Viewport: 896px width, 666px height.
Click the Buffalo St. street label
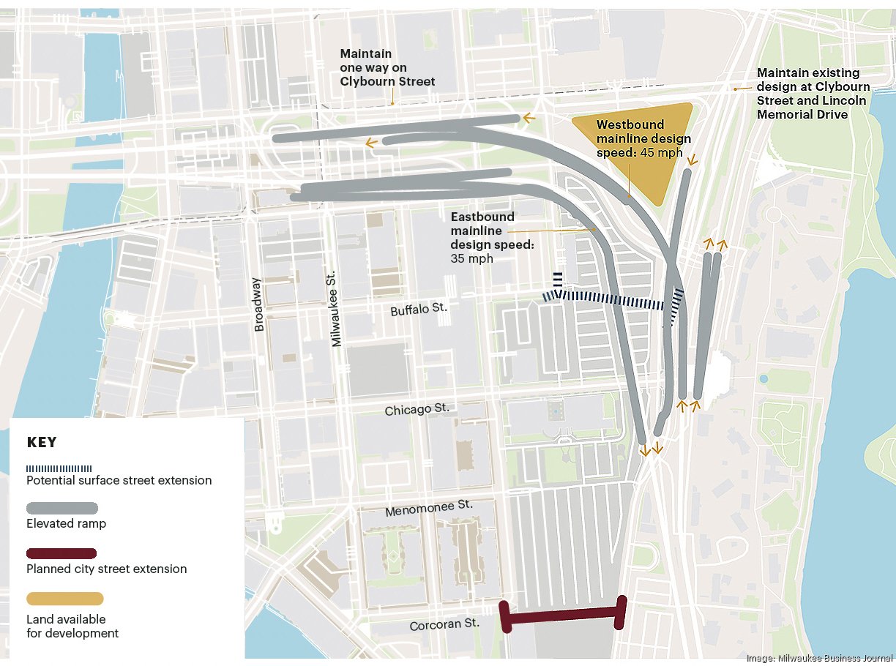(x=419, y=310)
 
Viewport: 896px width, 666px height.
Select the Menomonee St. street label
(x=429, y=506)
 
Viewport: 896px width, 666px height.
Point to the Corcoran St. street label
(x=444, y=624)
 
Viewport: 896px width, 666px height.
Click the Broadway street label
(x=258, y=304)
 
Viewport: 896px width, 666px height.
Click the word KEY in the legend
(x=42, y=443)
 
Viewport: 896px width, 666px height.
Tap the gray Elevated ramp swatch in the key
(x=62, y=508)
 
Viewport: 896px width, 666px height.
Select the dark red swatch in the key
(x=61, y=553)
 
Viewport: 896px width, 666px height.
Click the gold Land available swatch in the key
(x=64, y=599)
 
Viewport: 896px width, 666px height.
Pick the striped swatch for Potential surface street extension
(x=59, y=468)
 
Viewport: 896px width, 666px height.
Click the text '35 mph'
(x=472, y=258)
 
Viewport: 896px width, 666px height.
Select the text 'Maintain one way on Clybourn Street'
(x=387, y=68)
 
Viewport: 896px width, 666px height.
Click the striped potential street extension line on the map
(x=608, y=299)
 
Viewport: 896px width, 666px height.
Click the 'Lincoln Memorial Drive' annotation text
(x=802, y=108)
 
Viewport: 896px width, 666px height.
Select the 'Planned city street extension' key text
(x=106, y=569)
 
